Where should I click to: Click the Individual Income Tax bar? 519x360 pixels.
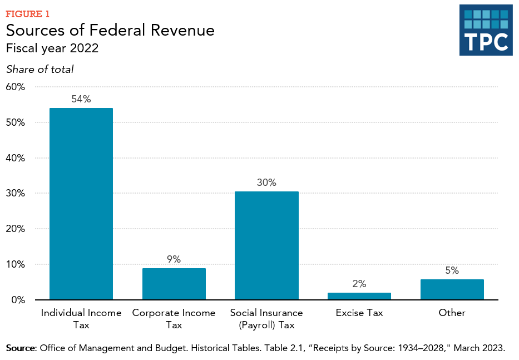pos(81,204)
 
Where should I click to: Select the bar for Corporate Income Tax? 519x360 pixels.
pos(174,284)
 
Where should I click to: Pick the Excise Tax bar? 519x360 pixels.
pos(359,296)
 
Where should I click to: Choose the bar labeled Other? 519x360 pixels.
pos(452,289)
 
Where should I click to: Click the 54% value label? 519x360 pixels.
pos(81,99)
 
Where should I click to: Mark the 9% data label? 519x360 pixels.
pos(174,259)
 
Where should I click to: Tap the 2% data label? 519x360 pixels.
pos(359,284)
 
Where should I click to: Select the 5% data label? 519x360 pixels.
pos(452,270)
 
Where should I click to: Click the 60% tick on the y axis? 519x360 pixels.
pos(16,87)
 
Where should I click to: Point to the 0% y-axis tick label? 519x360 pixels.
pos(18,300)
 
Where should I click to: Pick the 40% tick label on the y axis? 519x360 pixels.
pos(16,158)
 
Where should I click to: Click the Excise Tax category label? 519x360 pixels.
pos(359,313)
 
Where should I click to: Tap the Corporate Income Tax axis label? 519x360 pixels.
pos(174,318)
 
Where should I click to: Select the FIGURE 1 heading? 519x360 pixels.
pos(28,13)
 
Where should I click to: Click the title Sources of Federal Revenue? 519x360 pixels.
pos(110,30)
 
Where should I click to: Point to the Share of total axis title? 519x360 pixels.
pos(39,70)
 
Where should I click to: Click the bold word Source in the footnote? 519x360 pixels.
pos(21,348)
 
